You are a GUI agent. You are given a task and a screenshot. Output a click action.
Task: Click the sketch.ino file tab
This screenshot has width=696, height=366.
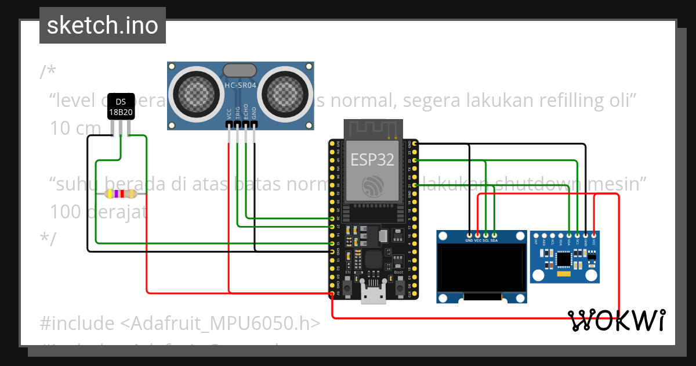coord(103,26)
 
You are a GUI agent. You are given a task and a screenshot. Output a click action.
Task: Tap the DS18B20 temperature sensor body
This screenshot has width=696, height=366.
coord(121,106)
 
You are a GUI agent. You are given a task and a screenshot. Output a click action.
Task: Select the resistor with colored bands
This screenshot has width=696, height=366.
coord(120,194)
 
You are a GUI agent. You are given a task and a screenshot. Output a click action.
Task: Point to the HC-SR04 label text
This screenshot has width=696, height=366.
coord(240,86)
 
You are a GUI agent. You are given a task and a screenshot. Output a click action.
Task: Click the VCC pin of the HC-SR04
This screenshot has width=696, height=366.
coord(229,124)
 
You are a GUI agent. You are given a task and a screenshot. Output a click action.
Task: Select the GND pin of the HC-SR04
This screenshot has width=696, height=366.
coord(255,124)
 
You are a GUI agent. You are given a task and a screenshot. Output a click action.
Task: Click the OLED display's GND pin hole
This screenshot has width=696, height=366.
coord(469,234)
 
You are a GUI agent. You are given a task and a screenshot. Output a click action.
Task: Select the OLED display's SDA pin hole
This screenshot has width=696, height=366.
coord(494,234)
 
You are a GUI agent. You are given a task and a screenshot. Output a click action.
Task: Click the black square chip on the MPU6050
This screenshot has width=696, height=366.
coord(564,258)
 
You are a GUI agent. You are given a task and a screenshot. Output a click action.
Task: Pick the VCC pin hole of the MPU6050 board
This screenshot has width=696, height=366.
coord(594,234)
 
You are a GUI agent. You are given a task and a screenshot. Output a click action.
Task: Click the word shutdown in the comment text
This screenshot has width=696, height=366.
coord(533,184)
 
